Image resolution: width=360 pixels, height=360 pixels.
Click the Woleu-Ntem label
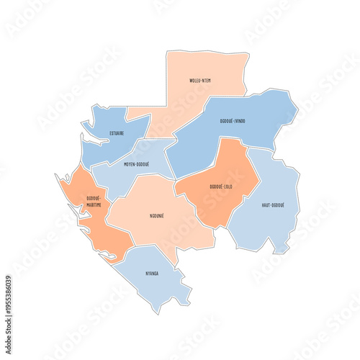(x=199, y=80)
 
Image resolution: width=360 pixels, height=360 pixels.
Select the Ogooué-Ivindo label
(x=231, y=121)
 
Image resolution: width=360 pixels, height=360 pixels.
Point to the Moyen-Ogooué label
(x=136, y=164)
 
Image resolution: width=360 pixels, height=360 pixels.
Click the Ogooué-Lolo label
(x=221, y=186)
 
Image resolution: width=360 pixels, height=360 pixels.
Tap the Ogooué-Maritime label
(x=94, y=201)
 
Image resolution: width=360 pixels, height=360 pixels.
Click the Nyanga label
(x=151, y=274)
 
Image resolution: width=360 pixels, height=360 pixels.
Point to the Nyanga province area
(x=155, y=284)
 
